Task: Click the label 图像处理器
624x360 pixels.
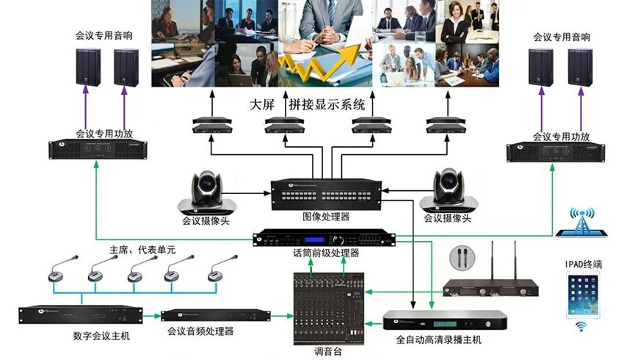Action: [x=326, y=217]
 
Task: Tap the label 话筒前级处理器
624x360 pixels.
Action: [x=326, y=253]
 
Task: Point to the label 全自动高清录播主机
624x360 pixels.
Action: [x=439, y=340]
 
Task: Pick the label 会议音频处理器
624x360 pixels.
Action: [x=200, y=331]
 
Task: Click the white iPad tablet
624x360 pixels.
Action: [x=584, y=295]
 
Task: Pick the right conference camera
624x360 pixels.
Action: [x=446, y=191]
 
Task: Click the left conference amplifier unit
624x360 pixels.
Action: [x=95, y=149]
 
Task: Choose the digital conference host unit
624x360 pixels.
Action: [x=80, y=315]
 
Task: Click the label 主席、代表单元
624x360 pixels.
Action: [x=142, y=250]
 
